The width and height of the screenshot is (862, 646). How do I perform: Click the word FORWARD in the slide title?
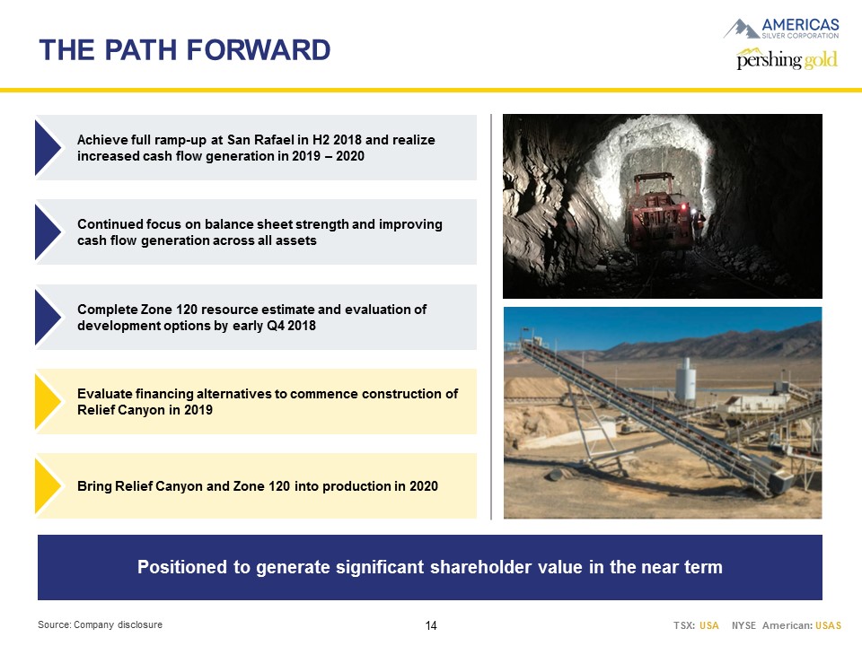point(259,50)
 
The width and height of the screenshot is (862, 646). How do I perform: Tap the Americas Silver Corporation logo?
point(781,29)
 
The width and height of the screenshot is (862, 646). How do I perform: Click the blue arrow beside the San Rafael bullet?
point(48,148)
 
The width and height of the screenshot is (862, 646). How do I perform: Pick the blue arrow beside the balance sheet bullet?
point(48,231)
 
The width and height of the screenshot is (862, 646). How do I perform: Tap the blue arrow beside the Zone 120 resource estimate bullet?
point(48,318)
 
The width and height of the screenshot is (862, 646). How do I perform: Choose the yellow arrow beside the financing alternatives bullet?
point(48,402)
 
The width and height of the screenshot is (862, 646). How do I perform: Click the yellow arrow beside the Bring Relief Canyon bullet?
point(48,486)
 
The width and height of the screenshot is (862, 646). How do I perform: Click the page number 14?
point(431,625)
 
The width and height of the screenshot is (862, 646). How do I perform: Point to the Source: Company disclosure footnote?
point(100,624)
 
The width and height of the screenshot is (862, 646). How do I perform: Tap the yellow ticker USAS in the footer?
point(829,625)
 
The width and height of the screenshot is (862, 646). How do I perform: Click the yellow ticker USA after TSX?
point(709,625)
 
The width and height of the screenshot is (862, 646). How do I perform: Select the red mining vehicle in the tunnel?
point(657,212)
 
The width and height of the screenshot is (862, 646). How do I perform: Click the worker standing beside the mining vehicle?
point(699,225)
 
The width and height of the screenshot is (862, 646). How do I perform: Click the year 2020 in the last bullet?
point(424,486)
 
